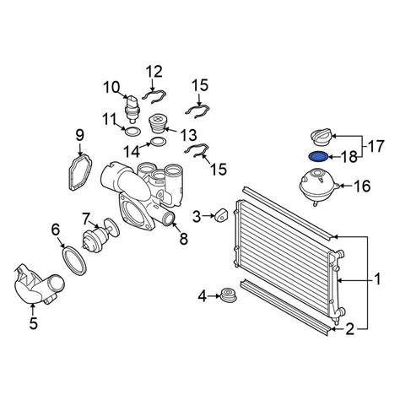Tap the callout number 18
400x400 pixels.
pos(349,157)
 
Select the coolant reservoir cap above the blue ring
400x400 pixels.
pos(322,137)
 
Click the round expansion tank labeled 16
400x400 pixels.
pos(319,186)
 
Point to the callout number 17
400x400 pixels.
pos(376,147)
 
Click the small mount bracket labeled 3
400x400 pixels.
pos(221,215)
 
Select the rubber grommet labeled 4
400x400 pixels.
pos(228,296)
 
